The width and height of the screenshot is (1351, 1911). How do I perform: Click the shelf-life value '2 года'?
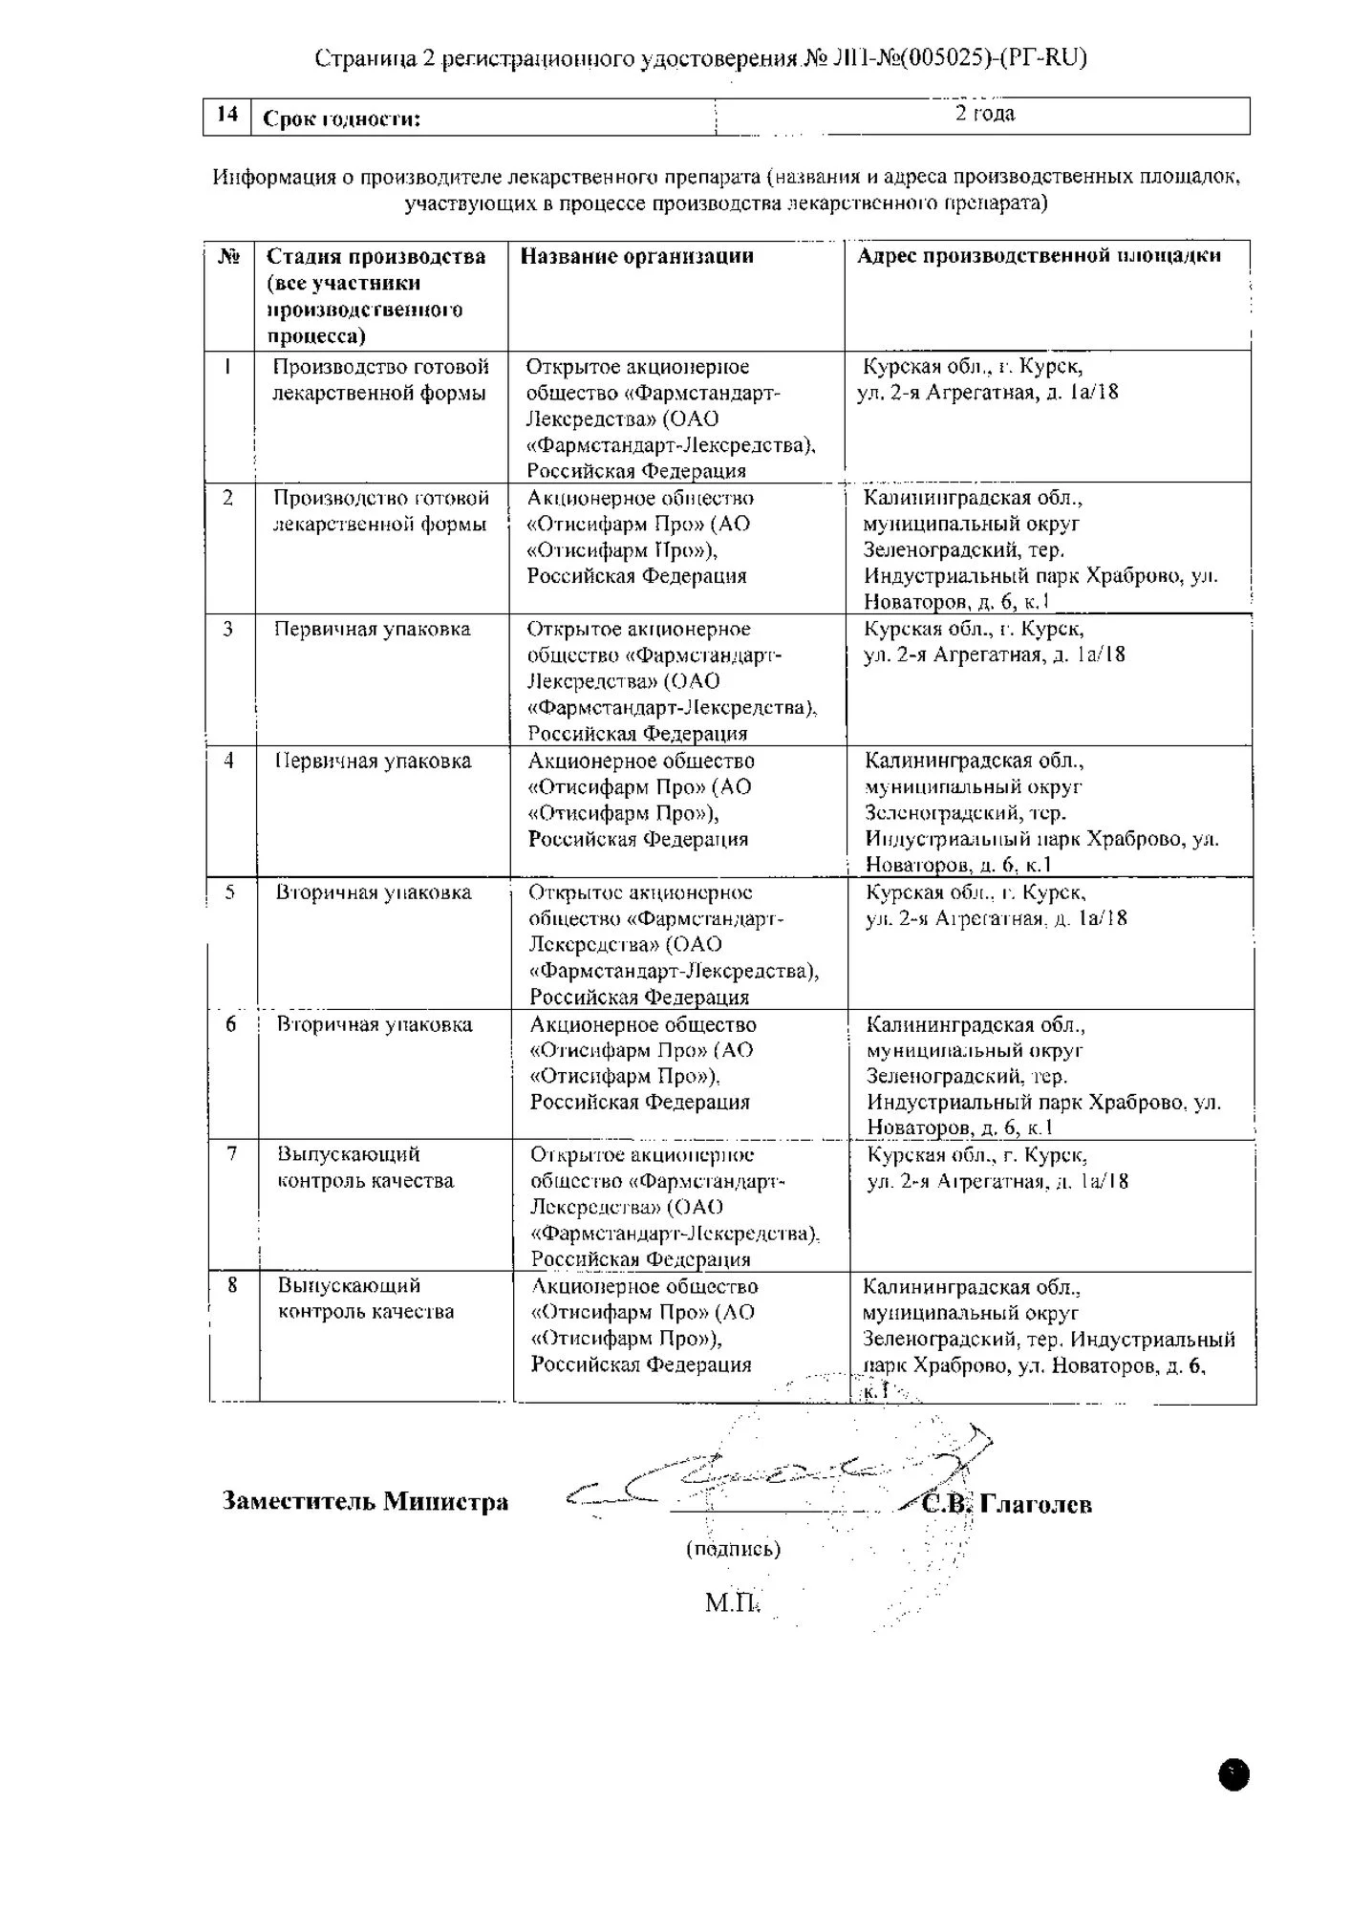tap(985, 114)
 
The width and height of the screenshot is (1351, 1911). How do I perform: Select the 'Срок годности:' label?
tap(341, 119)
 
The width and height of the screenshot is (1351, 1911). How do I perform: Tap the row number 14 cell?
tap(227, 115)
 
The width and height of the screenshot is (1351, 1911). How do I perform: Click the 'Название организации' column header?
tap(637, 256)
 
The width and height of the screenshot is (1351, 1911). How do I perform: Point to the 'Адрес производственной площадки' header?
tap(1039, 256)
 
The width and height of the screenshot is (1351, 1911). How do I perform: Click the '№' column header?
tap(228, 256)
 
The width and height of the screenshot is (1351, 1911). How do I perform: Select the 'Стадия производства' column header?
tap(375, 295)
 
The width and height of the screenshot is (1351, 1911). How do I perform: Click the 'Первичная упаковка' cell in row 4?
tap(374, 762)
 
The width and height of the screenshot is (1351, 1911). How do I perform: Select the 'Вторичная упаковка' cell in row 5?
tap(374, 892)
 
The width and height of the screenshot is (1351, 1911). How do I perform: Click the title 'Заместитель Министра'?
tap(365, 1502)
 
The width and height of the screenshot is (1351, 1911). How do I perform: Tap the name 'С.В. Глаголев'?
tap(1007, 1505)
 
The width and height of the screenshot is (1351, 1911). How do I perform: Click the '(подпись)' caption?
tap(733, 1549)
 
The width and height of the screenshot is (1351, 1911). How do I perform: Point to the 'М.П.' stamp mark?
tap(732, 1602)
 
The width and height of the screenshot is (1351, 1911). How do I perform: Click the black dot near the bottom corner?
tap(1233, 1774)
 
